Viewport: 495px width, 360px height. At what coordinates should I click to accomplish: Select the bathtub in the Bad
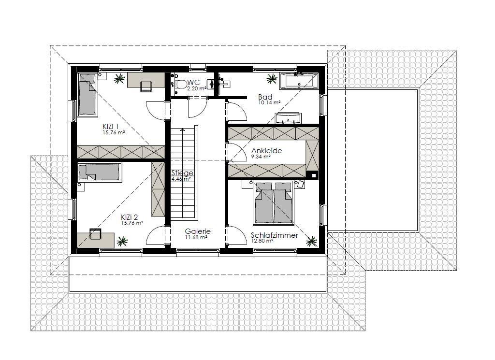pos(299,80)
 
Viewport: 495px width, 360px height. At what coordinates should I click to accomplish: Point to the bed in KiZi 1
pos(87,94)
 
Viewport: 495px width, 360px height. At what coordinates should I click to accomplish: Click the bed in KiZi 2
pos(100,173)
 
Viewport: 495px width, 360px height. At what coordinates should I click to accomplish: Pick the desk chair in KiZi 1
pos(146,86)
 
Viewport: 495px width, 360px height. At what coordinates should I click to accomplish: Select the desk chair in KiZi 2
pos(95,234)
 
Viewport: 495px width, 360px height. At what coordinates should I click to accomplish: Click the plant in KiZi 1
pos(119,79)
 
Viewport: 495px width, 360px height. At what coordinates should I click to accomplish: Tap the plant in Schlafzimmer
pos(311,241)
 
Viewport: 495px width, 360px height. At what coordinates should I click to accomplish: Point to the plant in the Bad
pos(272,79)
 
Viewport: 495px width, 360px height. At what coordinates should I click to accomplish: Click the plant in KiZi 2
pos(122,241)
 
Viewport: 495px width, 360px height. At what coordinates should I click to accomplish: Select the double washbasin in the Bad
pos(289,118)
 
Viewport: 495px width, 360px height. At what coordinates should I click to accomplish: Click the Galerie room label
pos(198,231)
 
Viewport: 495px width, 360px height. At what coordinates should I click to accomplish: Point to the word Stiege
pos(182,173)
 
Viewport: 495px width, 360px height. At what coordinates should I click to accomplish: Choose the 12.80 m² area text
pos(262,241)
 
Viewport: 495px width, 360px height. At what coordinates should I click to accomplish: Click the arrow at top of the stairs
pos(182,130)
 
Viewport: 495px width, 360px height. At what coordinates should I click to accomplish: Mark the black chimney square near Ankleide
pos(314,176)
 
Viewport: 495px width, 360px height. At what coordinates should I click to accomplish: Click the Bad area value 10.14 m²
pos(269,102)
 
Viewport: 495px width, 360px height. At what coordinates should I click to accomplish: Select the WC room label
pos(194,83)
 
